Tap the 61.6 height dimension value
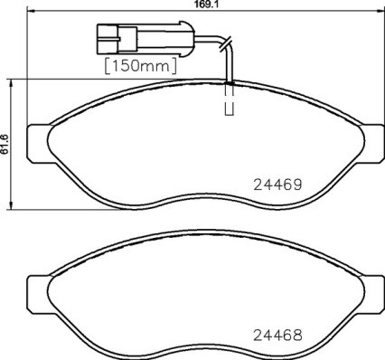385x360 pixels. pos(5,145)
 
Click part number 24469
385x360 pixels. pos(275,183)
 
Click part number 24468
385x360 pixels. pos(275,333)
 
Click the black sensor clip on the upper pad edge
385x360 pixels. pos(230,83)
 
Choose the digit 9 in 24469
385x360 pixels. pos(296,183)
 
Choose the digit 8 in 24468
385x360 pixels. pos(296,333)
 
